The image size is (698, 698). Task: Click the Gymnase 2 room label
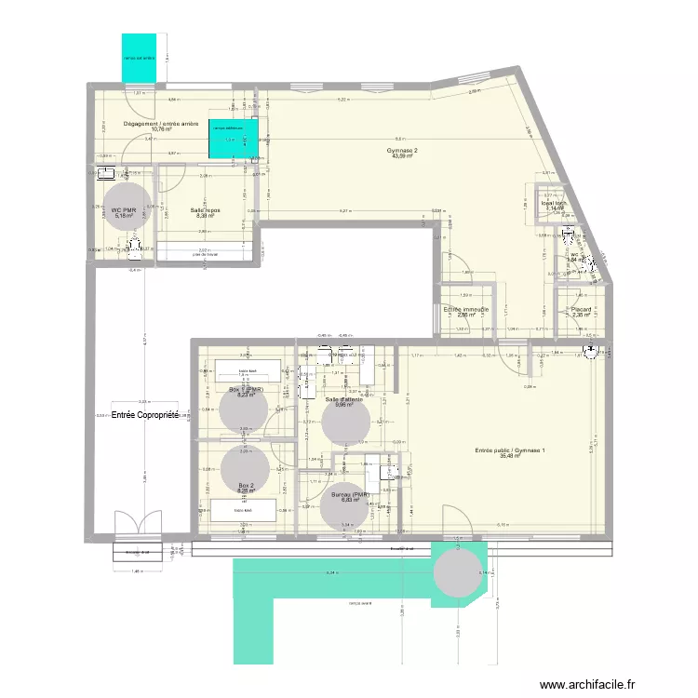click(403, 152)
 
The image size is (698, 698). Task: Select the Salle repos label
click(205, 213)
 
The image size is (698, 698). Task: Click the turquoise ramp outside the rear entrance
click(139, 59)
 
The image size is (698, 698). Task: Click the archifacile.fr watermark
click(596, 682)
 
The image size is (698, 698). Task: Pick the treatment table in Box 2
click(245, 510)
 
